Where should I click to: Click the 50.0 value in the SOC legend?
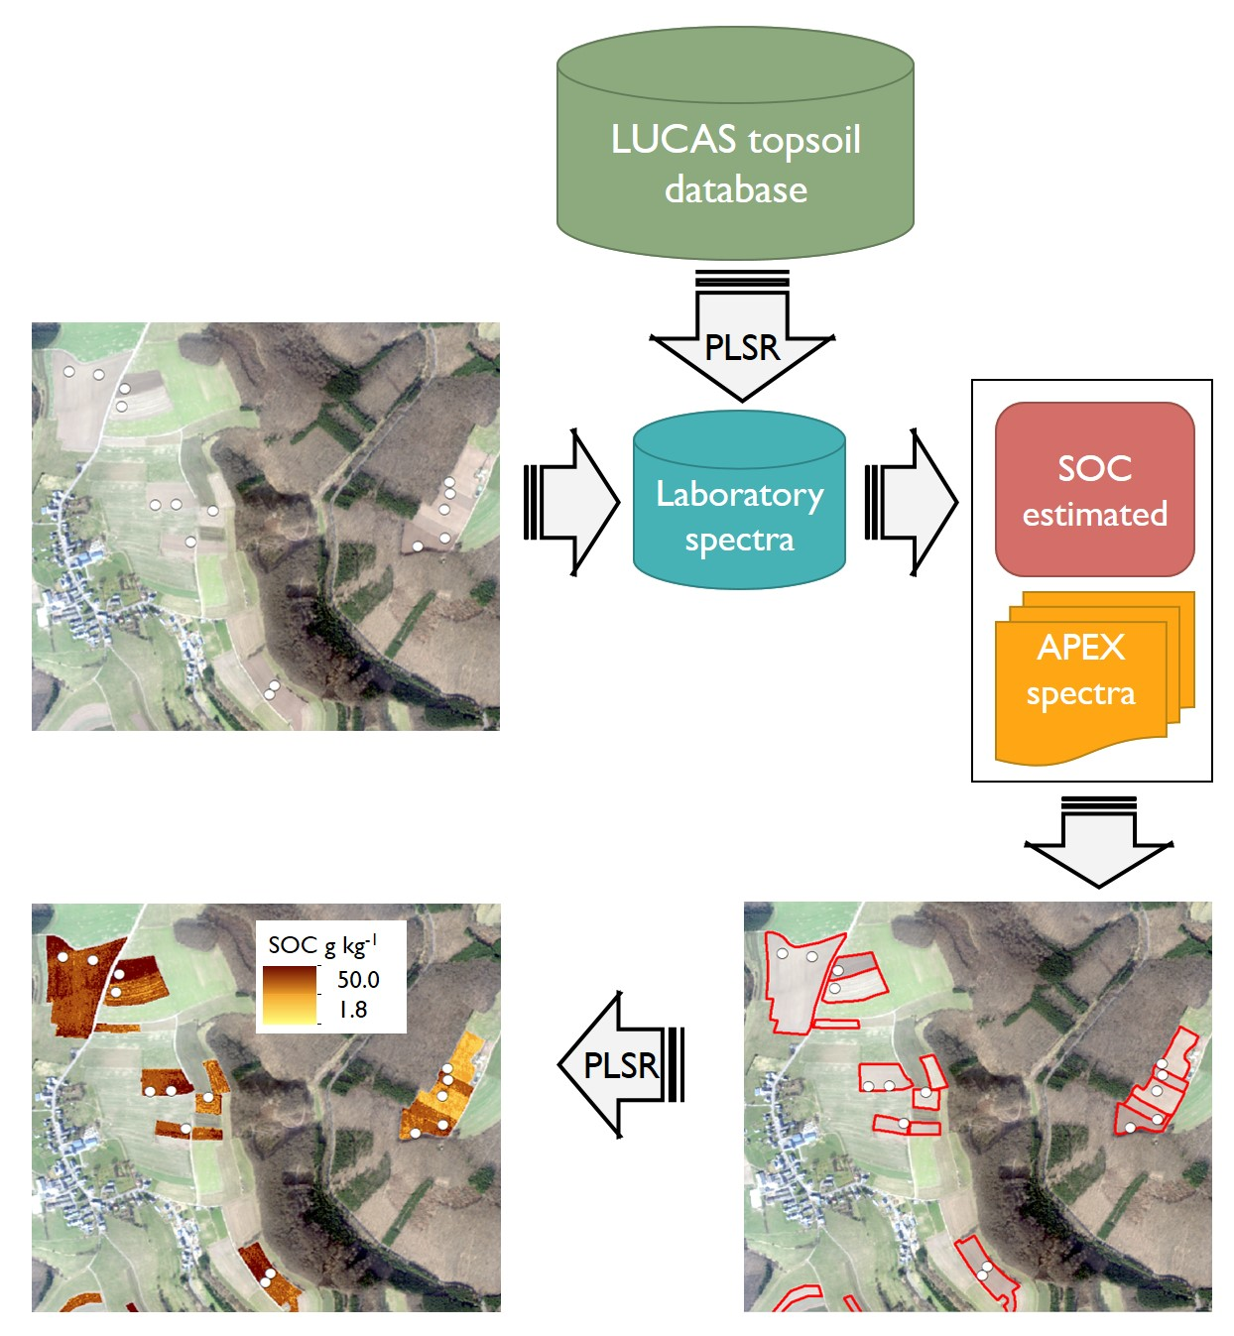click(x=358, y=980)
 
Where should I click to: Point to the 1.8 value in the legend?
click(x=353, y=1010)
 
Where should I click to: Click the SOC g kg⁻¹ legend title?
click(x=322, y=944)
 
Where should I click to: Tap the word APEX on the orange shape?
click(x=1080, y=648)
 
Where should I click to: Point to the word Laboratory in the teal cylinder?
click(x=739, y=494)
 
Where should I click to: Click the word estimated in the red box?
click(x=1094, y=515)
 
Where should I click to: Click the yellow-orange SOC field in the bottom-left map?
click(x=443, y=1091)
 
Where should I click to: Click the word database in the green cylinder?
click(x=735, y=189)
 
